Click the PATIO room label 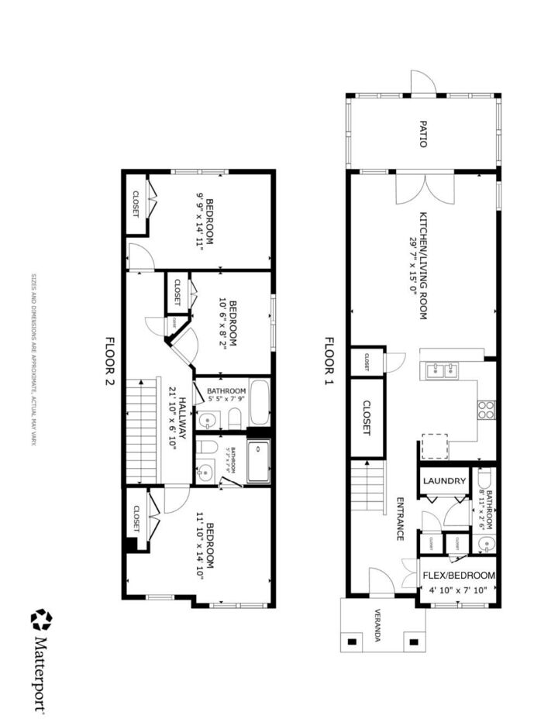(x=423, y=133)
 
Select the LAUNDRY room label (x=445, y=481)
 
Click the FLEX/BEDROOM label (x=458, y=576)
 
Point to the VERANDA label (x=377, y=627)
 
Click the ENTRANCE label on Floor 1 (x=401, y=518)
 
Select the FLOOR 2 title (x=109, y=363)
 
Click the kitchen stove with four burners (x=486, y=409)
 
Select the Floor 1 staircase (x=368, y=487)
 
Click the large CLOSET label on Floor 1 (x=367, y=418)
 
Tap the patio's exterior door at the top (x=423, y=83)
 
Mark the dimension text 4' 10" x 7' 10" (x=458, y=590)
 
